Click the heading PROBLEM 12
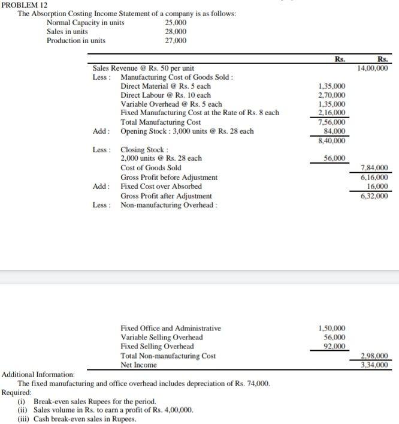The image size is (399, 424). point(22,4)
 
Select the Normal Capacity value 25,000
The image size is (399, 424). point(176,23)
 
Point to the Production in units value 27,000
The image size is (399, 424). point(176,41)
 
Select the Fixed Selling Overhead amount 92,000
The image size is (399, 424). point(334,346)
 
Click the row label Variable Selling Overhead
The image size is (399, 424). point(161,337)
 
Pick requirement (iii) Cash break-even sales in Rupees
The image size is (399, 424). point(77,419)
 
